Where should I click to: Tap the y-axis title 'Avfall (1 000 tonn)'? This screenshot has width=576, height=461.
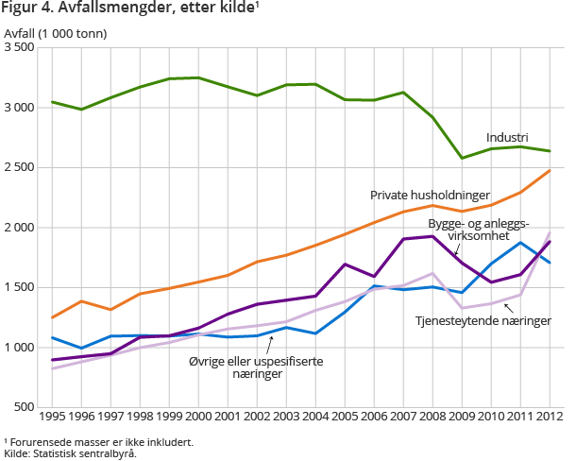[x=55, y=34]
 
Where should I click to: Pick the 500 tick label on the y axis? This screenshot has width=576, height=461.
[x=25, y=407]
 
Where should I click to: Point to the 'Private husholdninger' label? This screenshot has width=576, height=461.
[x=430, y=195]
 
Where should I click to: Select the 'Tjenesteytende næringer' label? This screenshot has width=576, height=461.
[x=483, y=321]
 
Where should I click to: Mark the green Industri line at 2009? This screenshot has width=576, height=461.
[x=462, y=158]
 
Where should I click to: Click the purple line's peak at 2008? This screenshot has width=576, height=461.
[x=432, y=236]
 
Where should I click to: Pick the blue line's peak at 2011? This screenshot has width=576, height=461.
[x=520, y=243]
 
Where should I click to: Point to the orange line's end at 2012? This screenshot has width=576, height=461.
[x=550, y=171]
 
